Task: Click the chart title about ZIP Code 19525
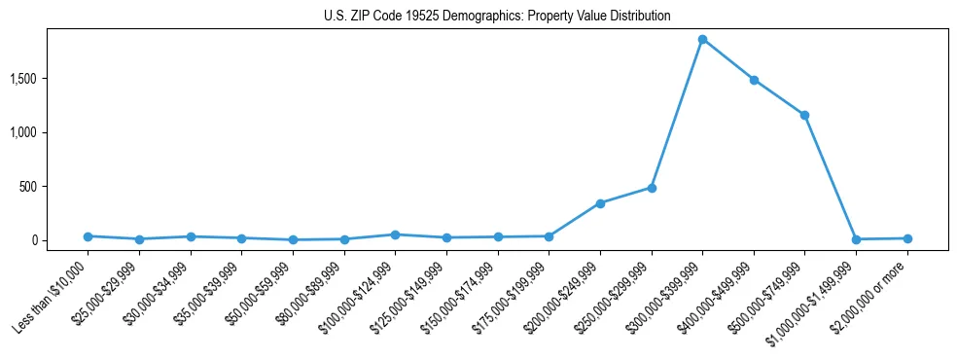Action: [497, 17]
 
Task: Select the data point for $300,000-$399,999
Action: [702, 40]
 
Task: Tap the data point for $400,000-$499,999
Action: [754, 80]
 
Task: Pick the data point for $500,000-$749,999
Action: [804, 115]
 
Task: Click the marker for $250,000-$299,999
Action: [652, 188]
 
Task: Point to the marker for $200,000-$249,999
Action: [600, 203]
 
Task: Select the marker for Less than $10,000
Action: [89, 236]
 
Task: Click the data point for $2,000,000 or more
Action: [907, 238]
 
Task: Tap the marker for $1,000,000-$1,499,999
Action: [856, 239]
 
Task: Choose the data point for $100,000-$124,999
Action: [395, 234]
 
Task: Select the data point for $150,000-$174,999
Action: [498, 237]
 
